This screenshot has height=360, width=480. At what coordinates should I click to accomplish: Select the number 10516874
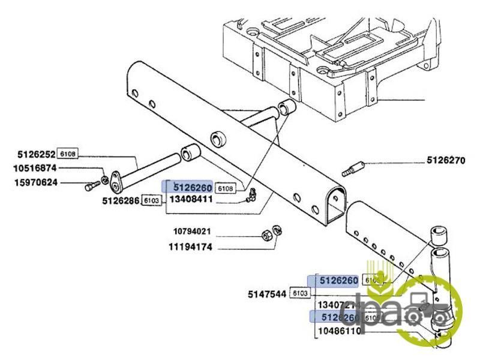pos(35,169)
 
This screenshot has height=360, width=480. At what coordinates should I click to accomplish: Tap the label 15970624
pos(35,182)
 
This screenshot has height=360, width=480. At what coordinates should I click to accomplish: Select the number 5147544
pos(268,294)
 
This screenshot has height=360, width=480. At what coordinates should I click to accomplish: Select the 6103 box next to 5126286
pos(151,201)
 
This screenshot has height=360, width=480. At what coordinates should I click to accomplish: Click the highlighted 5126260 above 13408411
pos(192,187)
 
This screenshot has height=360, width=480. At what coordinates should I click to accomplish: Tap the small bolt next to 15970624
pos(91,187)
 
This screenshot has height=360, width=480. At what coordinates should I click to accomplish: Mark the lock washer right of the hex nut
pos(277,229)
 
